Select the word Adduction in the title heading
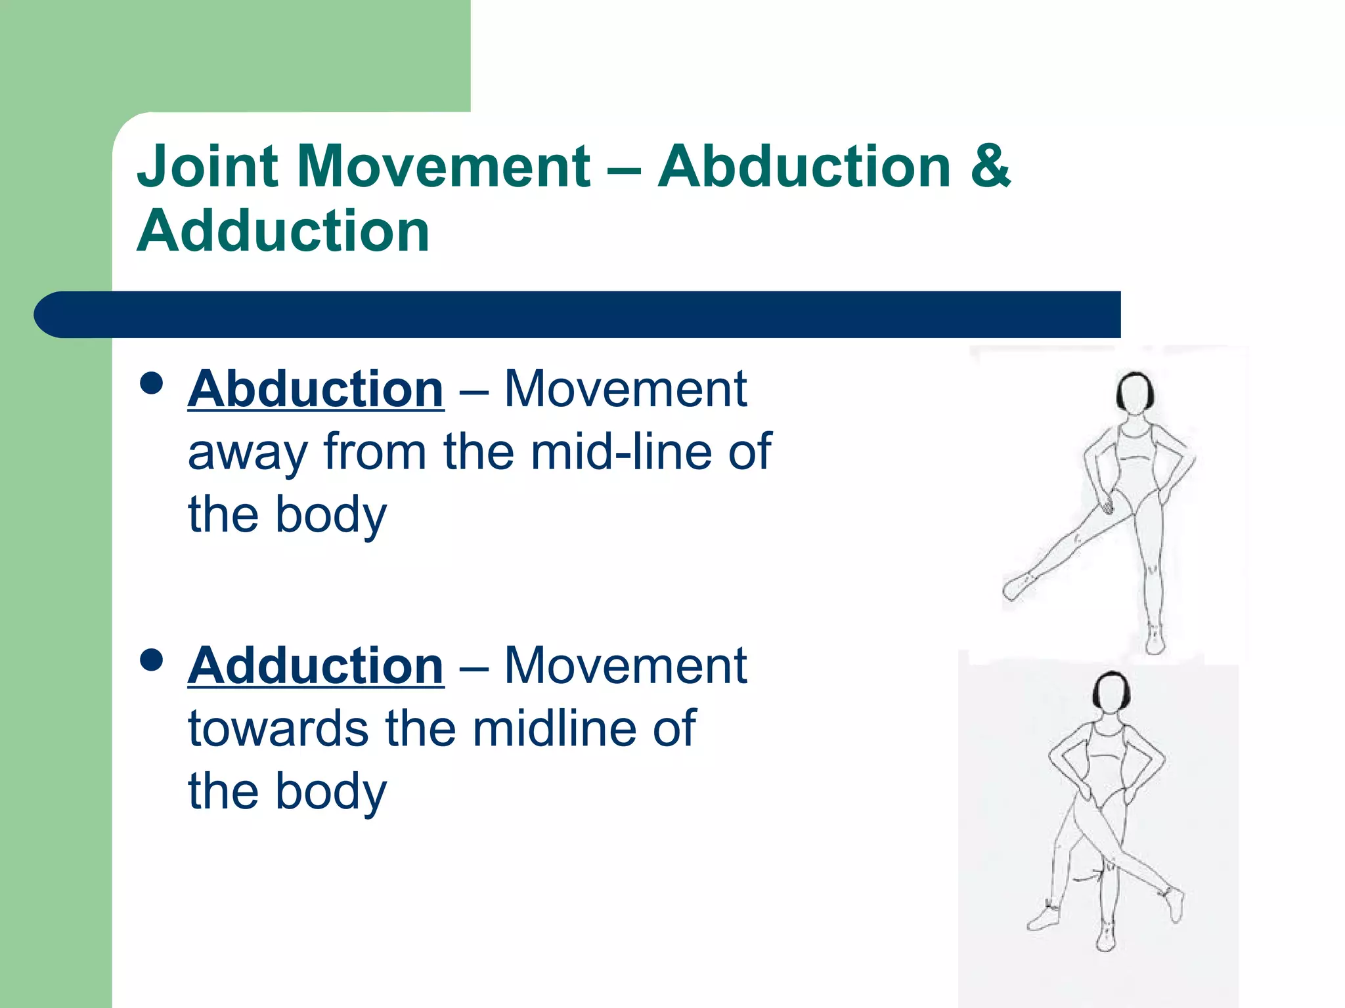(x=284, y=231)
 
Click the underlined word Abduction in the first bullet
(x=316, y=389)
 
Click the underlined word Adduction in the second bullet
(x=316, y=666)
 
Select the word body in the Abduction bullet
(x=331, y=516)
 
